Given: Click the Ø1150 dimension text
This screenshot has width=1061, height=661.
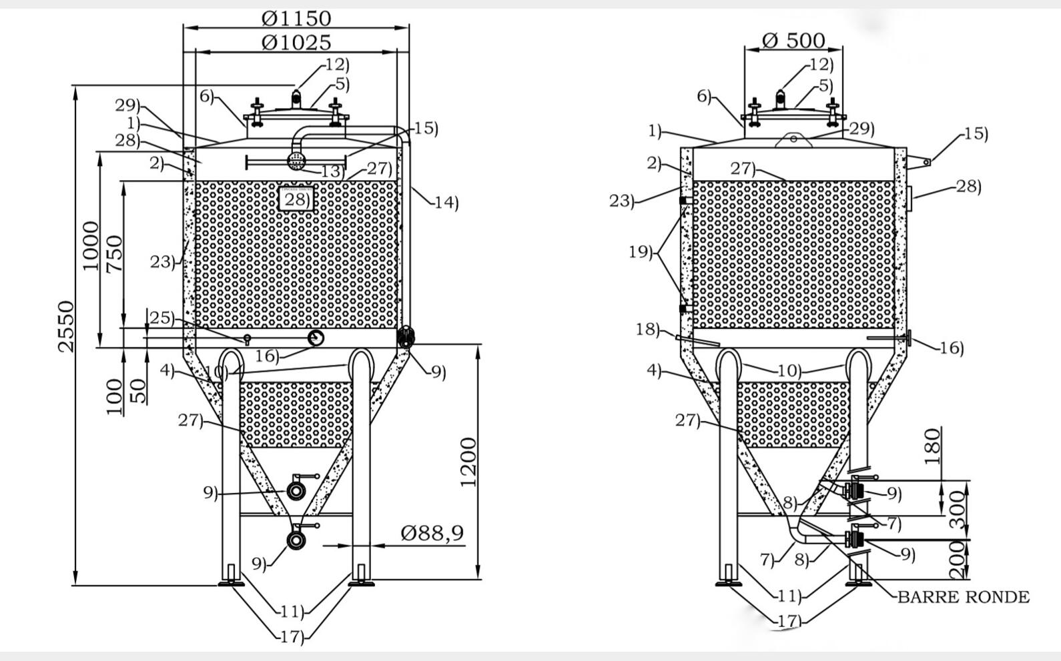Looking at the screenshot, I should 296,18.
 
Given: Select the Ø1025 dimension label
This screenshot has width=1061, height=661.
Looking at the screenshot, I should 296,43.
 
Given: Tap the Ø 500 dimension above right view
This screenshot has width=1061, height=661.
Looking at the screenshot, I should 793,40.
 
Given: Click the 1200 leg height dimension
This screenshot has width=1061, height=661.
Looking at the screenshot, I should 468,462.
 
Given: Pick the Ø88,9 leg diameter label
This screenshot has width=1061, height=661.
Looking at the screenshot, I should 432,533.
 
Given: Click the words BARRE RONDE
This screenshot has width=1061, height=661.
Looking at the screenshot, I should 963,597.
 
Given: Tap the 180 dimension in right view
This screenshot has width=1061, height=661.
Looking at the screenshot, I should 932,446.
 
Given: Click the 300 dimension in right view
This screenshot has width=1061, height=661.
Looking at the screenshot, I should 958,510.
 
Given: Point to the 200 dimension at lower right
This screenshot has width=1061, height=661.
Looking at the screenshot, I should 958,560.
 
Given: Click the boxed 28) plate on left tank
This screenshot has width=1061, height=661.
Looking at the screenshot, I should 296,199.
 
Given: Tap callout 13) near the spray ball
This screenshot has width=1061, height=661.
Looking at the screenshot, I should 331,171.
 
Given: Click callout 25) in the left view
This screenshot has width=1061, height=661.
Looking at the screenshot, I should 161,317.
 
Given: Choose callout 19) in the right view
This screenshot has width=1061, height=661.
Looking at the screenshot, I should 641,252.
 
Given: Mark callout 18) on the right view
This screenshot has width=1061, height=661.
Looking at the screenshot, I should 647,329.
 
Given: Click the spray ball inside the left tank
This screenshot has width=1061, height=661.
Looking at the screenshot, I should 296,160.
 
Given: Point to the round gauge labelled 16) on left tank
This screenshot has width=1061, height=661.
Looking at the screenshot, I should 316,338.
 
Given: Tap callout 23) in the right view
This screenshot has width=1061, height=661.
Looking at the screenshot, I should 621,201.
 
